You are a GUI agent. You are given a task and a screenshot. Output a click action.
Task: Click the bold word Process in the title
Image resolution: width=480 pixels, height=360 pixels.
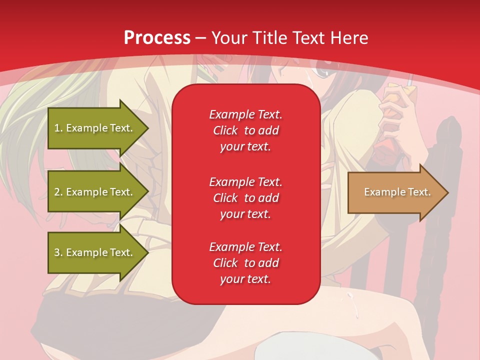(x=157, y=38)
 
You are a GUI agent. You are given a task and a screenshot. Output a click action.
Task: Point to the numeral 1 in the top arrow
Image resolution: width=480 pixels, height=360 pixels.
(x=56, y=128)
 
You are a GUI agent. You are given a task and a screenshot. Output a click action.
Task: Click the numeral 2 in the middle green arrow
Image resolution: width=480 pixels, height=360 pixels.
(x=57, y=192)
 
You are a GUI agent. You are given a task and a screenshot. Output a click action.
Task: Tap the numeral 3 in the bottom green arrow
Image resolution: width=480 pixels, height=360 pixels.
(x=57, y=252)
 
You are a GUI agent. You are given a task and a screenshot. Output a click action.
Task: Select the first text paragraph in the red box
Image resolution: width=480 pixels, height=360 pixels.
(x=245, y=130)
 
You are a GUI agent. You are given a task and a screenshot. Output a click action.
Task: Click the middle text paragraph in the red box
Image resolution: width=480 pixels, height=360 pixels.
(x=245, y=198)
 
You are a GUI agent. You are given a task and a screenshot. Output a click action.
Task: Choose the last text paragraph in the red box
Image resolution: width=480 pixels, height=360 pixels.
(x=245, y=263)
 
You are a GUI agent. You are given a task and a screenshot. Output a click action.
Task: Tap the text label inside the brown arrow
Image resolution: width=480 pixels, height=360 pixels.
(x=397, y=192)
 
